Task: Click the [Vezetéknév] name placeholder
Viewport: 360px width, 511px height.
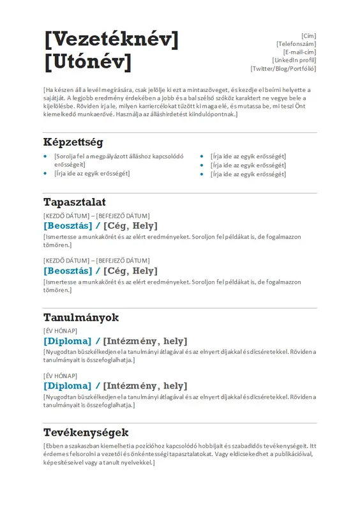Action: pos(111,40)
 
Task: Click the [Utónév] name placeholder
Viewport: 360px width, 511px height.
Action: pos(88,62)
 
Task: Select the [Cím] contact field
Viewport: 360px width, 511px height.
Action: pos(309,36)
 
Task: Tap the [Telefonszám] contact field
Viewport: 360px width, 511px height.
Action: pos(296,44)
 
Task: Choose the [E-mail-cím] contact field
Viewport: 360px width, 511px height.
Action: pos(299,52)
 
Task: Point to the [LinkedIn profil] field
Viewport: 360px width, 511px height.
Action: pos(294,61)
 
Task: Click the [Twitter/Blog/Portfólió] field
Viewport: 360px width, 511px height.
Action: pos(283,69)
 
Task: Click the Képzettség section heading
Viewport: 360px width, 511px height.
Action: pos(73,142)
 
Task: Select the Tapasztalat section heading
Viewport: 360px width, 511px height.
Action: pos(70,202)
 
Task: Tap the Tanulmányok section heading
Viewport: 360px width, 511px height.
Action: pos(81,317)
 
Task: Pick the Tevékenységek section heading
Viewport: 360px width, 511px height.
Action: pos(86,432)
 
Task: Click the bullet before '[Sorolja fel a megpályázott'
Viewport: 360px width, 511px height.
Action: pos(45,156)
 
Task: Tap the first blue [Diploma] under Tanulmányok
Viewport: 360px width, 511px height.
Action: pos(67,341)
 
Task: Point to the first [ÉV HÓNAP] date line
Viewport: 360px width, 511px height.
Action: pos(61,330)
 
